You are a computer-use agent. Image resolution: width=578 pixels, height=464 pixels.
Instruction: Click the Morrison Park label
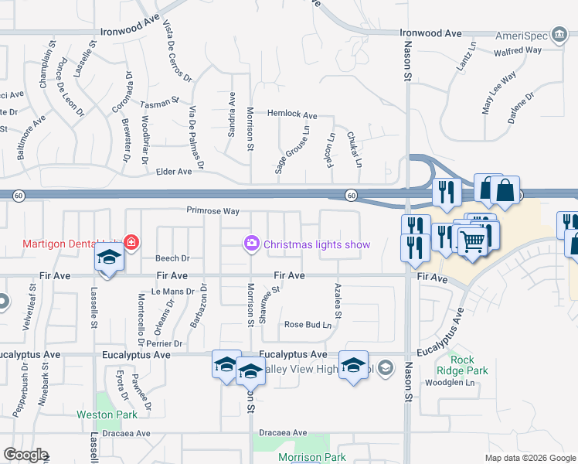click(312, 458)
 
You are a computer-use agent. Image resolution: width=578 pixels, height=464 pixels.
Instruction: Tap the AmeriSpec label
click(542, 36)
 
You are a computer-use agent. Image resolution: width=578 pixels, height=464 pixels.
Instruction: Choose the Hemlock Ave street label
click(292, 115)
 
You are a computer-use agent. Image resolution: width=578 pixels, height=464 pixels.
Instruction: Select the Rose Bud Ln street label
click(308, 325)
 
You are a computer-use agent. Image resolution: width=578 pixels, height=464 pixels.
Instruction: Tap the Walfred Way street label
click(518, 50)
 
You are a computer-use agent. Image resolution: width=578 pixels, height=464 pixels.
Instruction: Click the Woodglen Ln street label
click(449, 383)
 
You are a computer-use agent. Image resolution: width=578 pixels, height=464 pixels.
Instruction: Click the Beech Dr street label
click(172, 258)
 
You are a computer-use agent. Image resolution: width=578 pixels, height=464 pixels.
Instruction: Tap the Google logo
click(25, 455)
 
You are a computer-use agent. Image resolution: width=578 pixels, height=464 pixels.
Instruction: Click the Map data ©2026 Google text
click(529, 458)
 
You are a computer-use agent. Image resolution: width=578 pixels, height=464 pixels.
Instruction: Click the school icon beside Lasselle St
click(109, 259)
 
